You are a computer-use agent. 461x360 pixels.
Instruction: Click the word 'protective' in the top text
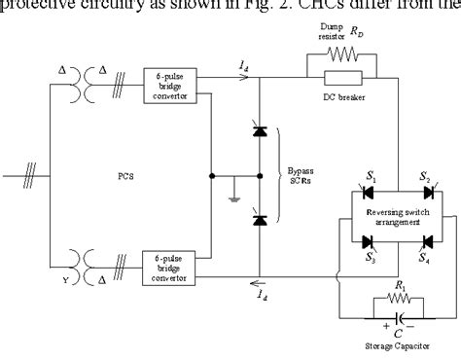click(x=42, y=9)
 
